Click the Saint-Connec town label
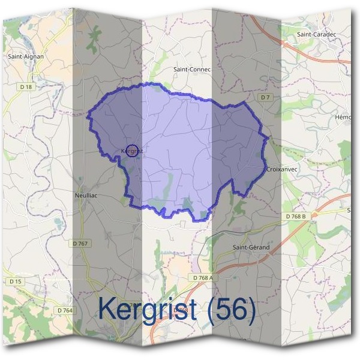[x=192, y=70]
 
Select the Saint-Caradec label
[x=316, y=34]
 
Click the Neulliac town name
[x=86, y=196]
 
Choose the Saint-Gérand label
[x=251, y=247]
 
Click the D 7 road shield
[x=266, y=97]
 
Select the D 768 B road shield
[x=296, y=216]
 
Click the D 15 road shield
[x=15, y=281]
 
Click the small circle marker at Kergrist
[x=133, y=151]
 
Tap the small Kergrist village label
[x=131, y=151]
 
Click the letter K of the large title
[x=106, y=310]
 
